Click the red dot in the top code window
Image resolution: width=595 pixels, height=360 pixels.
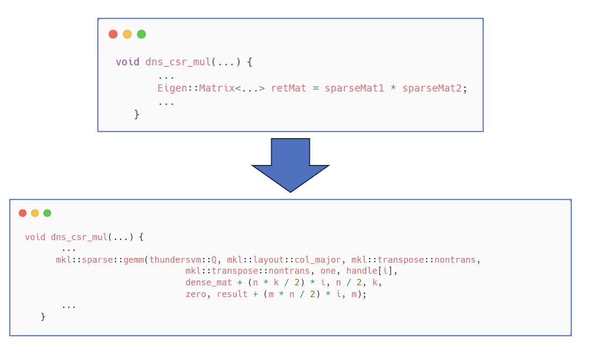(x=113, y=34)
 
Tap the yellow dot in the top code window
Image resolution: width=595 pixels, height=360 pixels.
(x=127, y=34)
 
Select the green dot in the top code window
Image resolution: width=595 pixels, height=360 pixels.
(x=141, y=34)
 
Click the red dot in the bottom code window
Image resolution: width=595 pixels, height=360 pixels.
(x=23, y=213)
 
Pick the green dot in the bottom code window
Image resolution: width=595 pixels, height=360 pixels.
(x=47, y=213)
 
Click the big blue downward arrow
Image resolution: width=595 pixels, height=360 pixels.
(x=291, y=164)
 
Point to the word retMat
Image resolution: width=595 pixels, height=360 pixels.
(x=288, y=88)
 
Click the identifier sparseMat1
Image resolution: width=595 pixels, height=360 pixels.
(x=354, y=88)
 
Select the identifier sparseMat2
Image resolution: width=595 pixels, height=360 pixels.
(x=432, y=88)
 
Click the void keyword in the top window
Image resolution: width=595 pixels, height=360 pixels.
(x=127, y=62)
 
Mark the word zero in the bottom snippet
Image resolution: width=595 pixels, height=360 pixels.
(x=196, y=294)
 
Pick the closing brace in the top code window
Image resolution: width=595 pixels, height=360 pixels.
(x=137, y=114)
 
